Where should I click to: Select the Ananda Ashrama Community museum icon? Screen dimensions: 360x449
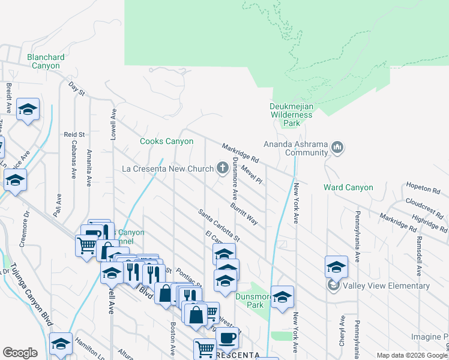coord(337,147)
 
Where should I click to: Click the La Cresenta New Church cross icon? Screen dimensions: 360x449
coord(223,168)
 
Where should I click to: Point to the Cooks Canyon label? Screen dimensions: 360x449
coord(166,142)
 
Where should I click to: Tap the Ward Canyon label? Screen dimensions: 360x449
coord(348,188)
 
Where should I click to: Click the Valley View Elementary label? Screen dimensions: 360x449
coord(387,286)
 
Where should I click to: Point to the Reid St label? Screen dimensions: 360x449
coord(74,135)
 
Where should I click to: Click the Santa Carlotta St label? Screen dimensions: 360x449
coord(219,225)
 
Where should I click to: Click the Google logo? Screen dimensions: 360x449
coord(20,353)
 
